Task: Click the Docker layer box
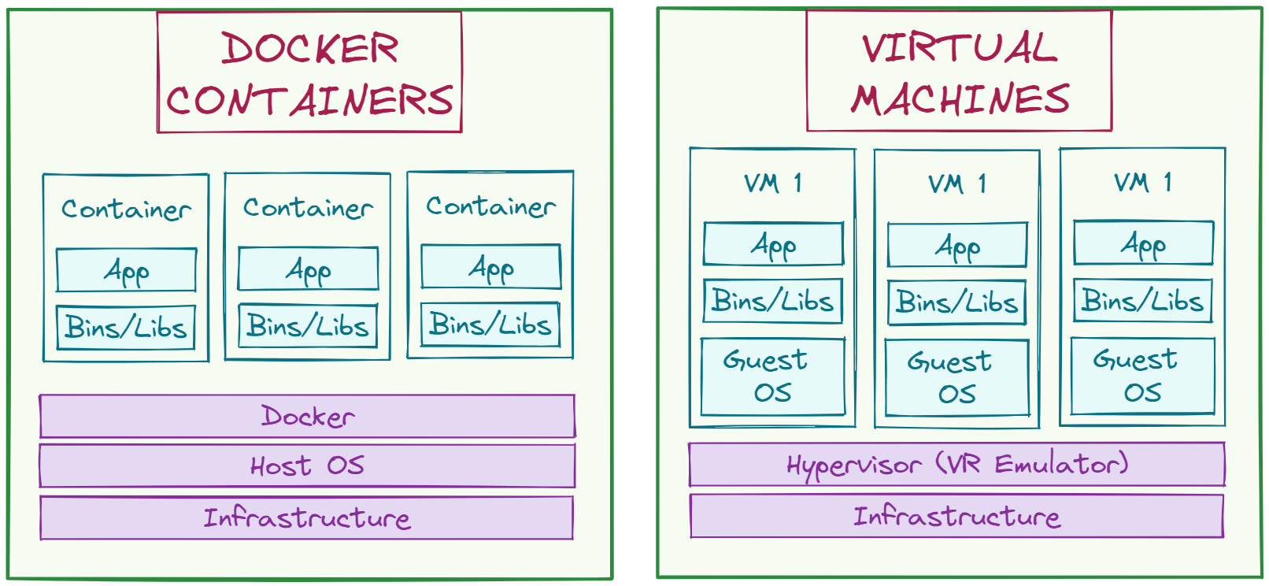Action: [308, 416]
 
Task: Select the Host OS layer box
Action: [308, 465]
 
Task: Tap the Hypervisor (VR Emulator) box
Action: [956, 464]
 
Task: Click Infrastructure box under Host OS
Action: [306, 518]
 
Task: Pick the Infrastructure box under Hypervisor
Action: [956, 516]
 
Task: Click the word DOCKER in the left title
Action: [310, 48]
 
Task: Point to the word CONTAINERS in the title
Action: [309, 100]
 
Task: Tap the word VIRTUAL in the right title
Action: [960, 47]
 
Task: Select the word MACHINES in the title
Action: [960, 99]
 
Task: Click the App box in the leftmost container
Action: [126, 269]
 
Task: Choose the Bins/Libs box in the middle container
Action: [308, 326]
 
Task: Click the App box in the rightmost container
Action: [491, 267]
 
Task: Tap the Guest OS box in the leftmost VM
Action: [773, 376]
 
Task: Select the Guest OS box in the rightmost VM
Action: [1143, 376]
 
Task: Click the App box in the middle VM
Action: [957, 245]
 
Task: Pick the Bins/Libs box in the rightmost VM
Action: [1143, 300]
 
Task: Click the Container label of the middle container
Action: [308, 208]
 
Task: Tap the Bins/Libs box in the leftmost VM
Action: [773, 300]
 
